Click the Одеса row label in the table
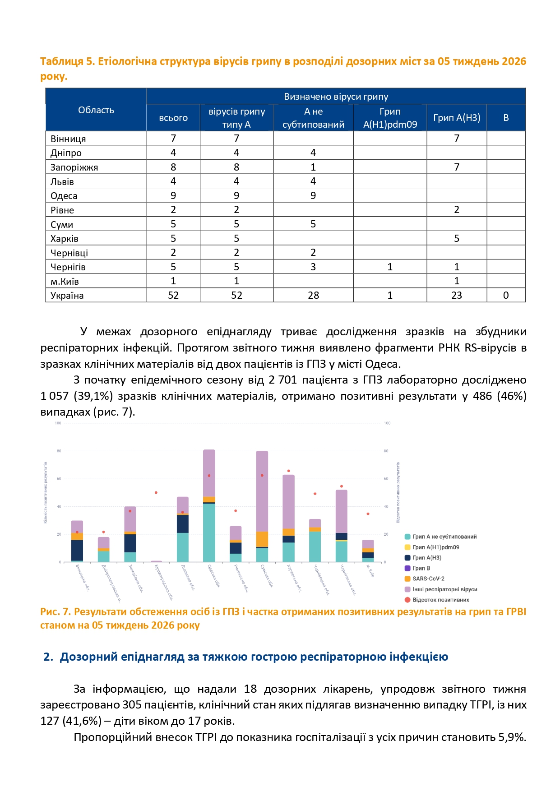64,196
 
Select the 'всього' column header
173,118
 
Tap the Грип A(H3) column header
457,118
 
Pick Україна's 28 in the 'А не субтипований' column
313,295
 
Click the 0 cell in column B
506,295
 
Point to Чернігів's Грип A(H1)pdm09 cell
390,267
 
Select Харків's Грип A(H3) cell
457,238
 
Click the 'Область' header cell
96,110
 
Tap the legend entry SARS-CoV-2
428,579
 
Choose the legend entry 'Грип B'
421,568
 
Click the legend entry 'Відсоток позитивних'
440,600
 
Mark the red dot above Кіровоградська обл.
156,492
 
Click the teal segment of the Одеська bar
209,533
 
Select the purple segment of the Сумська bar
262,491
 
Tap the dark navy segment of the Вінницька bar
77,550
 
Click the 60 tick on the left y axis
59,479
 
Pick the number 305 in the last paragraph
131,705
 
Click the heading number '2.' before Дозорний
48,657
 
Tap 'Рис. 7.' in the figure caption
56,612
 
